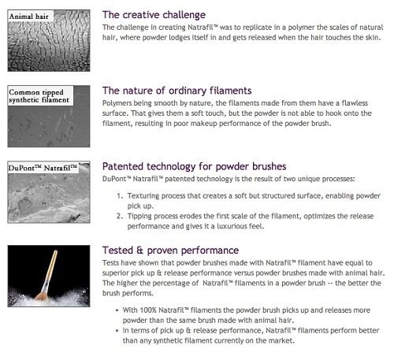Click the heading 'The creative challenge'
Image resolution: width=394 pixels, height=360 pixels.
(x=154, y=15)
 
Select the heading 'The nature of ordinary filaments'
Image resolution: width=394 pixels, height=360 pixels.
(x=177, y=91)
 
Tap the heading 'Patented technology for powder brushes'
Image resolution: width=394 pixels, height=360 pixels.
(x=194, y=166)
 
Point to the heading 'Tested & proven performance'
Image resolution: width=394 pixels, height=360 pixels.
(x=170, y=251)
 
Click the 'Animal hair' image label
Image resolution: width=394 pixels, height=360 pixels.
(x=29, y=17)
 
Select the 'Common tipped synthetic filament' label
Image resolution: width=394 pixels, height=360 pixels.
(x=39, y=96)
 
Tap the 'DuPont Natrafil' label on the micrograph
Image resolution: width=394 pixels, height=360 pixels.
(x=43, y=168)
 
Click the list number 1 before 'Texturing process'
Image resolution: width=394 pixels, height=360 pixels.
(x=120, y=196)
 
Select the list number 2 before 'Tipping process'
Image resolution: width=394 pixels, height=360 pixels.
(x=120, y=216)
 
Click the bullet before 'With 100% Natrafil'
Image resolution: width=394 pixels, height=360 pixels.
(x=117, y=310)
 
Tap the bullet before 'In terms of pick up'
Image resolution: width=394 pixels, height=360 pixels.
(x=117, y=331)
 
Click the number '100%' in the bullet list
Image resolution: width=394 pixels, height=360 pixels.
(x=148, y=310)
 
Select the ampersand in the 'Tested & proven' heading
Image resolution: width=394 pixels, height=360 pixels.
(x=139, y=251)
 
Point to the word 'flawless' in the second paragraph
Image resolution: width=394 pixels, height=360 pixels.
(x=355, y=103)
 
